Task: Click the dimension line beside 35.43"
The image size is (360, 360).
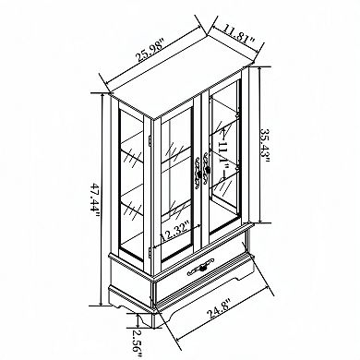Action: pyautogui.click(x=259, y=148)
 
